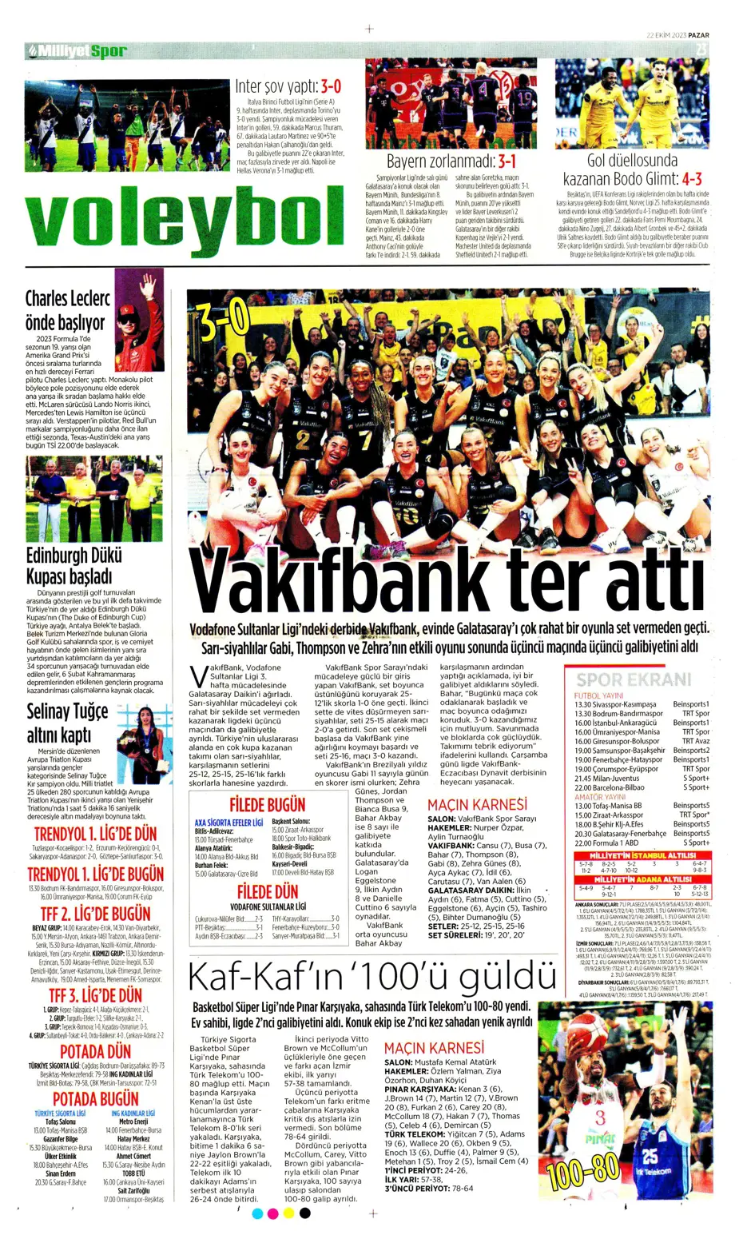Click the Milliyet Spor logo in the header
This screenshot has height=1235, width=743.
click(x=78, y=51)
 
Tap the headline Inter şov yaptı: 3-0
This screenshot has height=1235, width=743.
click(x=288, y=87)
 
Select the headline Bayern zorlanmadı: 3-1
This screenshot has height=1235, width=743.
click(x=451, y=161)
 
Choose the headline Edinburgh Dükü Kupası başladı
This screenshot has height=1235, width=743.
click(x=74, y=565)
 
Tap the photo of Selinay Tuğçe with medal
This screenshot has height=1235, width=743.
click(x=145, y=743)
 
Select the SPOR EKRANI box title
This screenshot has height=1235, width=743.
click(x=633, y=679)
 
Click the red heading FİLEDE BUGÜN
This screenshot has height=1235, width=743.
click(x=267, y=805)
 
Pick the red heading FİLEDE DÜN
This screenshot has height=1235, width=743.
click(x=267, y=891)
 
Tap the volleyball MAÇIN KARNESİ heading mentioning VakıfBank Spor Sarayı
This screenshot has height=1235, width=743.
click(x=477, y=804)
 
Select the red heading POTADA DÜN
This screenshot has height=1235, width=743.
click(x=95, y=1051)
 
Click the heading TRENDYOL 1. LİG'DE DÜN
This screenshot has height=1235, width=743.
click(x=95, y=833)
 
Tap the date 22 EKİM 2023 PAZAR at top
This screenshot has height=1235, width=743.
click(x=677, y=34)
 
